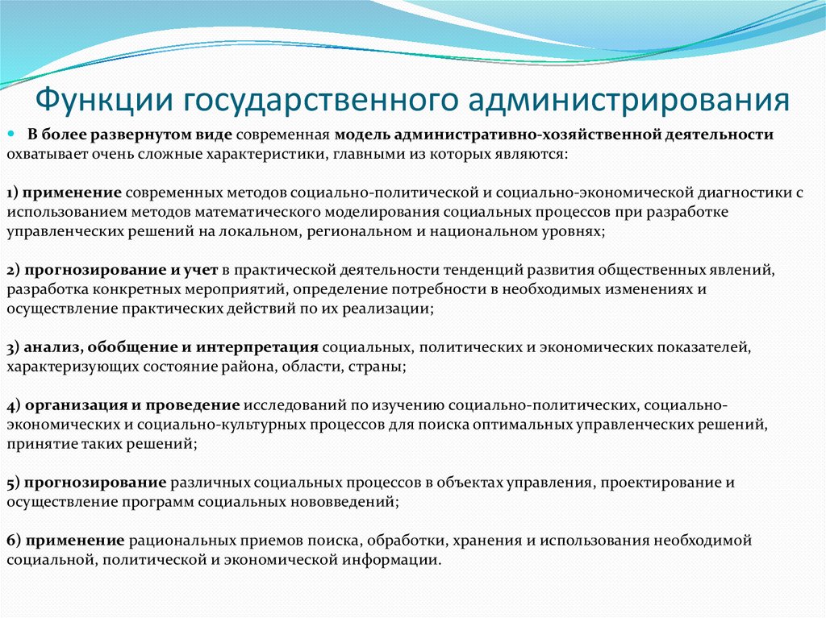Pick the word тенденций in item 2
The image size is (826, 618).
[494, 270]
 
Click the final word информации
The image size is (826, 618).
[399, 559]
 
